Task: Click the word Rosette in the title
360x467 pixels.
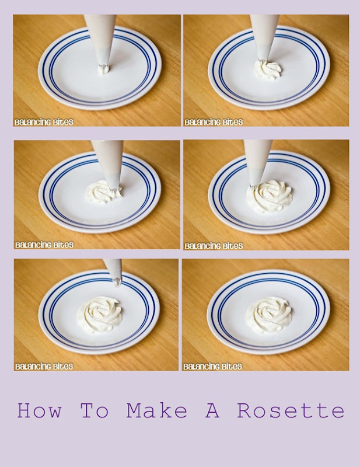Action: [291, 410]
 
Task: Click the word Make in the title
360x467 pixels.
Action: [156, 410]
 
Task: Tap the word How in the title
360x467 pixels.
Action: [39, 410]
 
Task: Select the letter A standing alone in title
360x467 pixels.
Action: [212, 410]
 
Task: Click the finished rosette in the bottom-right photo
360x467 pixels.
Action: [268, 315]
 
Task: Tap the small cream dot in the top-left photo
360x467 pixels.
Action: [104, 70]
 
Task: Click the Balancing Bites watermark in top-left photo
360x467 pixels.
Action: [44, 122]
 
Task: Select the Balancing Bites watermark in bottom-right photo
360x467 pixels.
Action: [212, 367]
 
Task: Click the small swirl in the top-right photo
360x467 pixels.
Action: [268, 70]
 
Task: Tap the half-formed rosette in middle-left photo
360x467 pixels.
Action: [103, 193]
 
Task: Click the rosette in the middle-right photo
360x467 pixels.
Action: [269, 196]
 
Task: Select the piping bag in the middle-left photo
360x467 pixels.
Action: [109, 165]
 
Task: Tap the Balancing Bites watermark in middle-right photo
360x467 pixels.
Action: [214, 246]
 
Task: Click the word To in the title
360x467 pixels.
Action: [95, 410]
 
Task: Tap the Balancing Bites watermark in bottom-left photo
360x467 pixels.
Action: [44, 367]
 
